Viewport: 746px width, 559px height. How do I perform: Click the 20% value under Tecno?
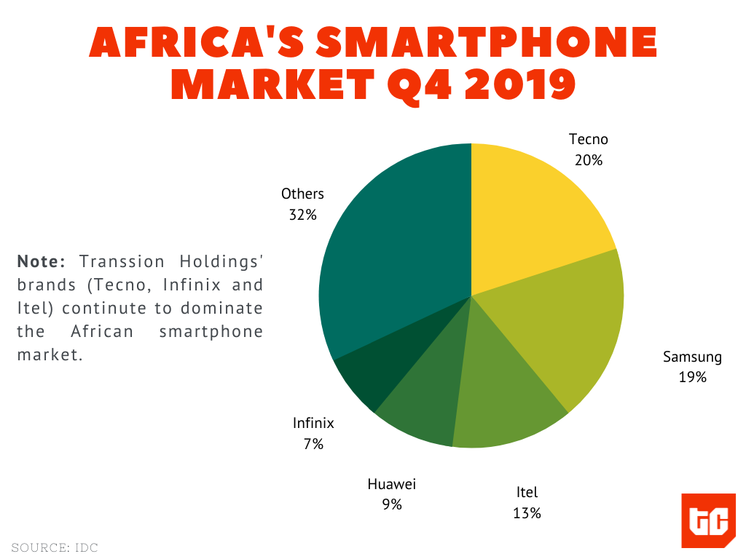click(x=588, y=160)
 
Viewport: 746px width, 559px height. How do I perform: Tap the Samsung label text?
click(x=692, y=357)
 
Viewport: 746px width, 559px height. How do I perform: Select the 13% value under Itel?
click(x=527, y=513)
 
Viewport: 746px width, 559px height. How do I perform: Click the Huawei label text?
click(x=391, y=484)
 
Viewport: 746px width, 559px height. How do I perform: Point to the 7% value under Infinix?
click(x=313, y=443)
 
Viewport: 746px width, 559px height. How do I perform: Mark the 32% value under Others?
click(x=302, y=215)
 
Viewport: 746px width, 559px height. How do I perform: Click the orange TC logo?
click(x=708, y=520)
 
